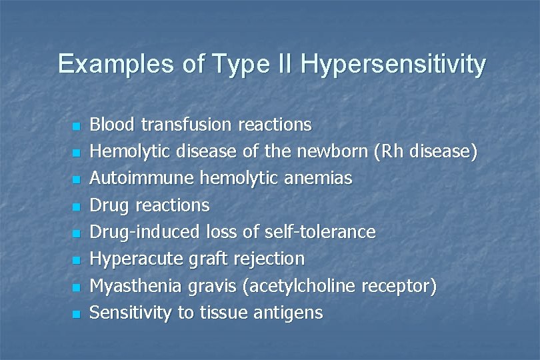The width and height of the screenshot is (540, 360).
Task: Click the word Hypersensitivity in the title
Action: click(x=393, y=65)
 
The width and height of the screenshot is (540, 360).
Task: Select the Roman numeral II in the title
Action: click(x=283, y=64)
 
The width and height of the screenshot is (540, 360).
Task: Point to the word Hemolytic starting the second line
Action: click(x=127, y=152)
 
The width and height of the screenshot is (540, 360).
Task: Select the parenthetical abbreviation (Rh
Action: click(x=387, y=151)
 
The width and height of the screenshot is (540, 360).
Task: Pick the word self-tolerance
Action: click(x=323, y=232)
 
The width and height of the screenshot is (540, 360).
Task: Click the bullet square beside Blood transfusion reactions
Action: click(x=76, y=126)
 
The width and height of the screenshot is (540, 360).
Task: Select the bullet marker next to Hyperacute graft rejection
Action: click(x=76, y=260)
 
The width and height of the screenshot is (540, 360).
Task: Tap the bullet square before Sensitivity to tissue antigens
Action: click(x=76, y=314)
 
